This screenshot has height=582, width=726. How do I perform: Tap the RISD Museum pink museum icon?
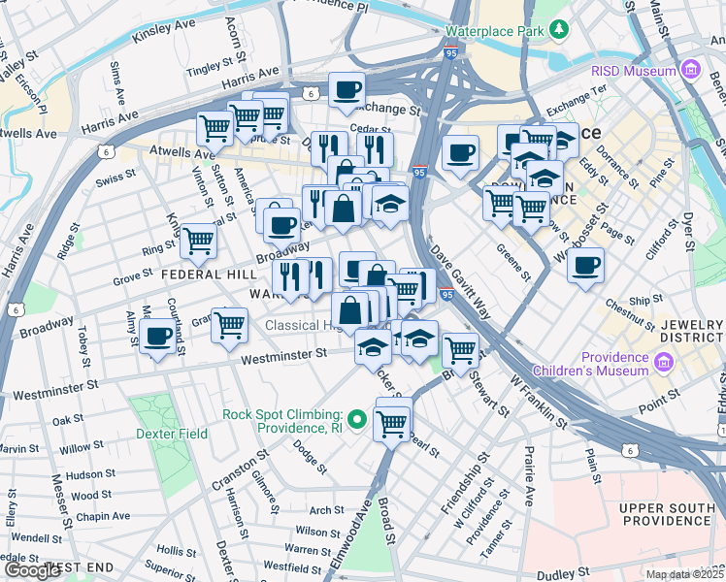(x=690, y=70)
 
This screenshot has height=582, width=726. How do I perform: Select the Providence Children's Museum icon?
(x=664, y=364)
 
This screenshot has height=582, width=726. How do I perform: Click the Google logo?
(x=33, y=570)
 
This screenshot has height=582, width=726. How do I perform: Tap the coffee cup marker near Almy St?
(x=157, y=337)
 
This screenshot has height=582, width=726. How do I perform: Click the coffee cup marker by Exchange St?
(x=346, y=90)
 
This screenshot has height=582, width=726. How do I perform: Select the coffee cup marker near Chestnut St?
(x=585, y=265)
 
